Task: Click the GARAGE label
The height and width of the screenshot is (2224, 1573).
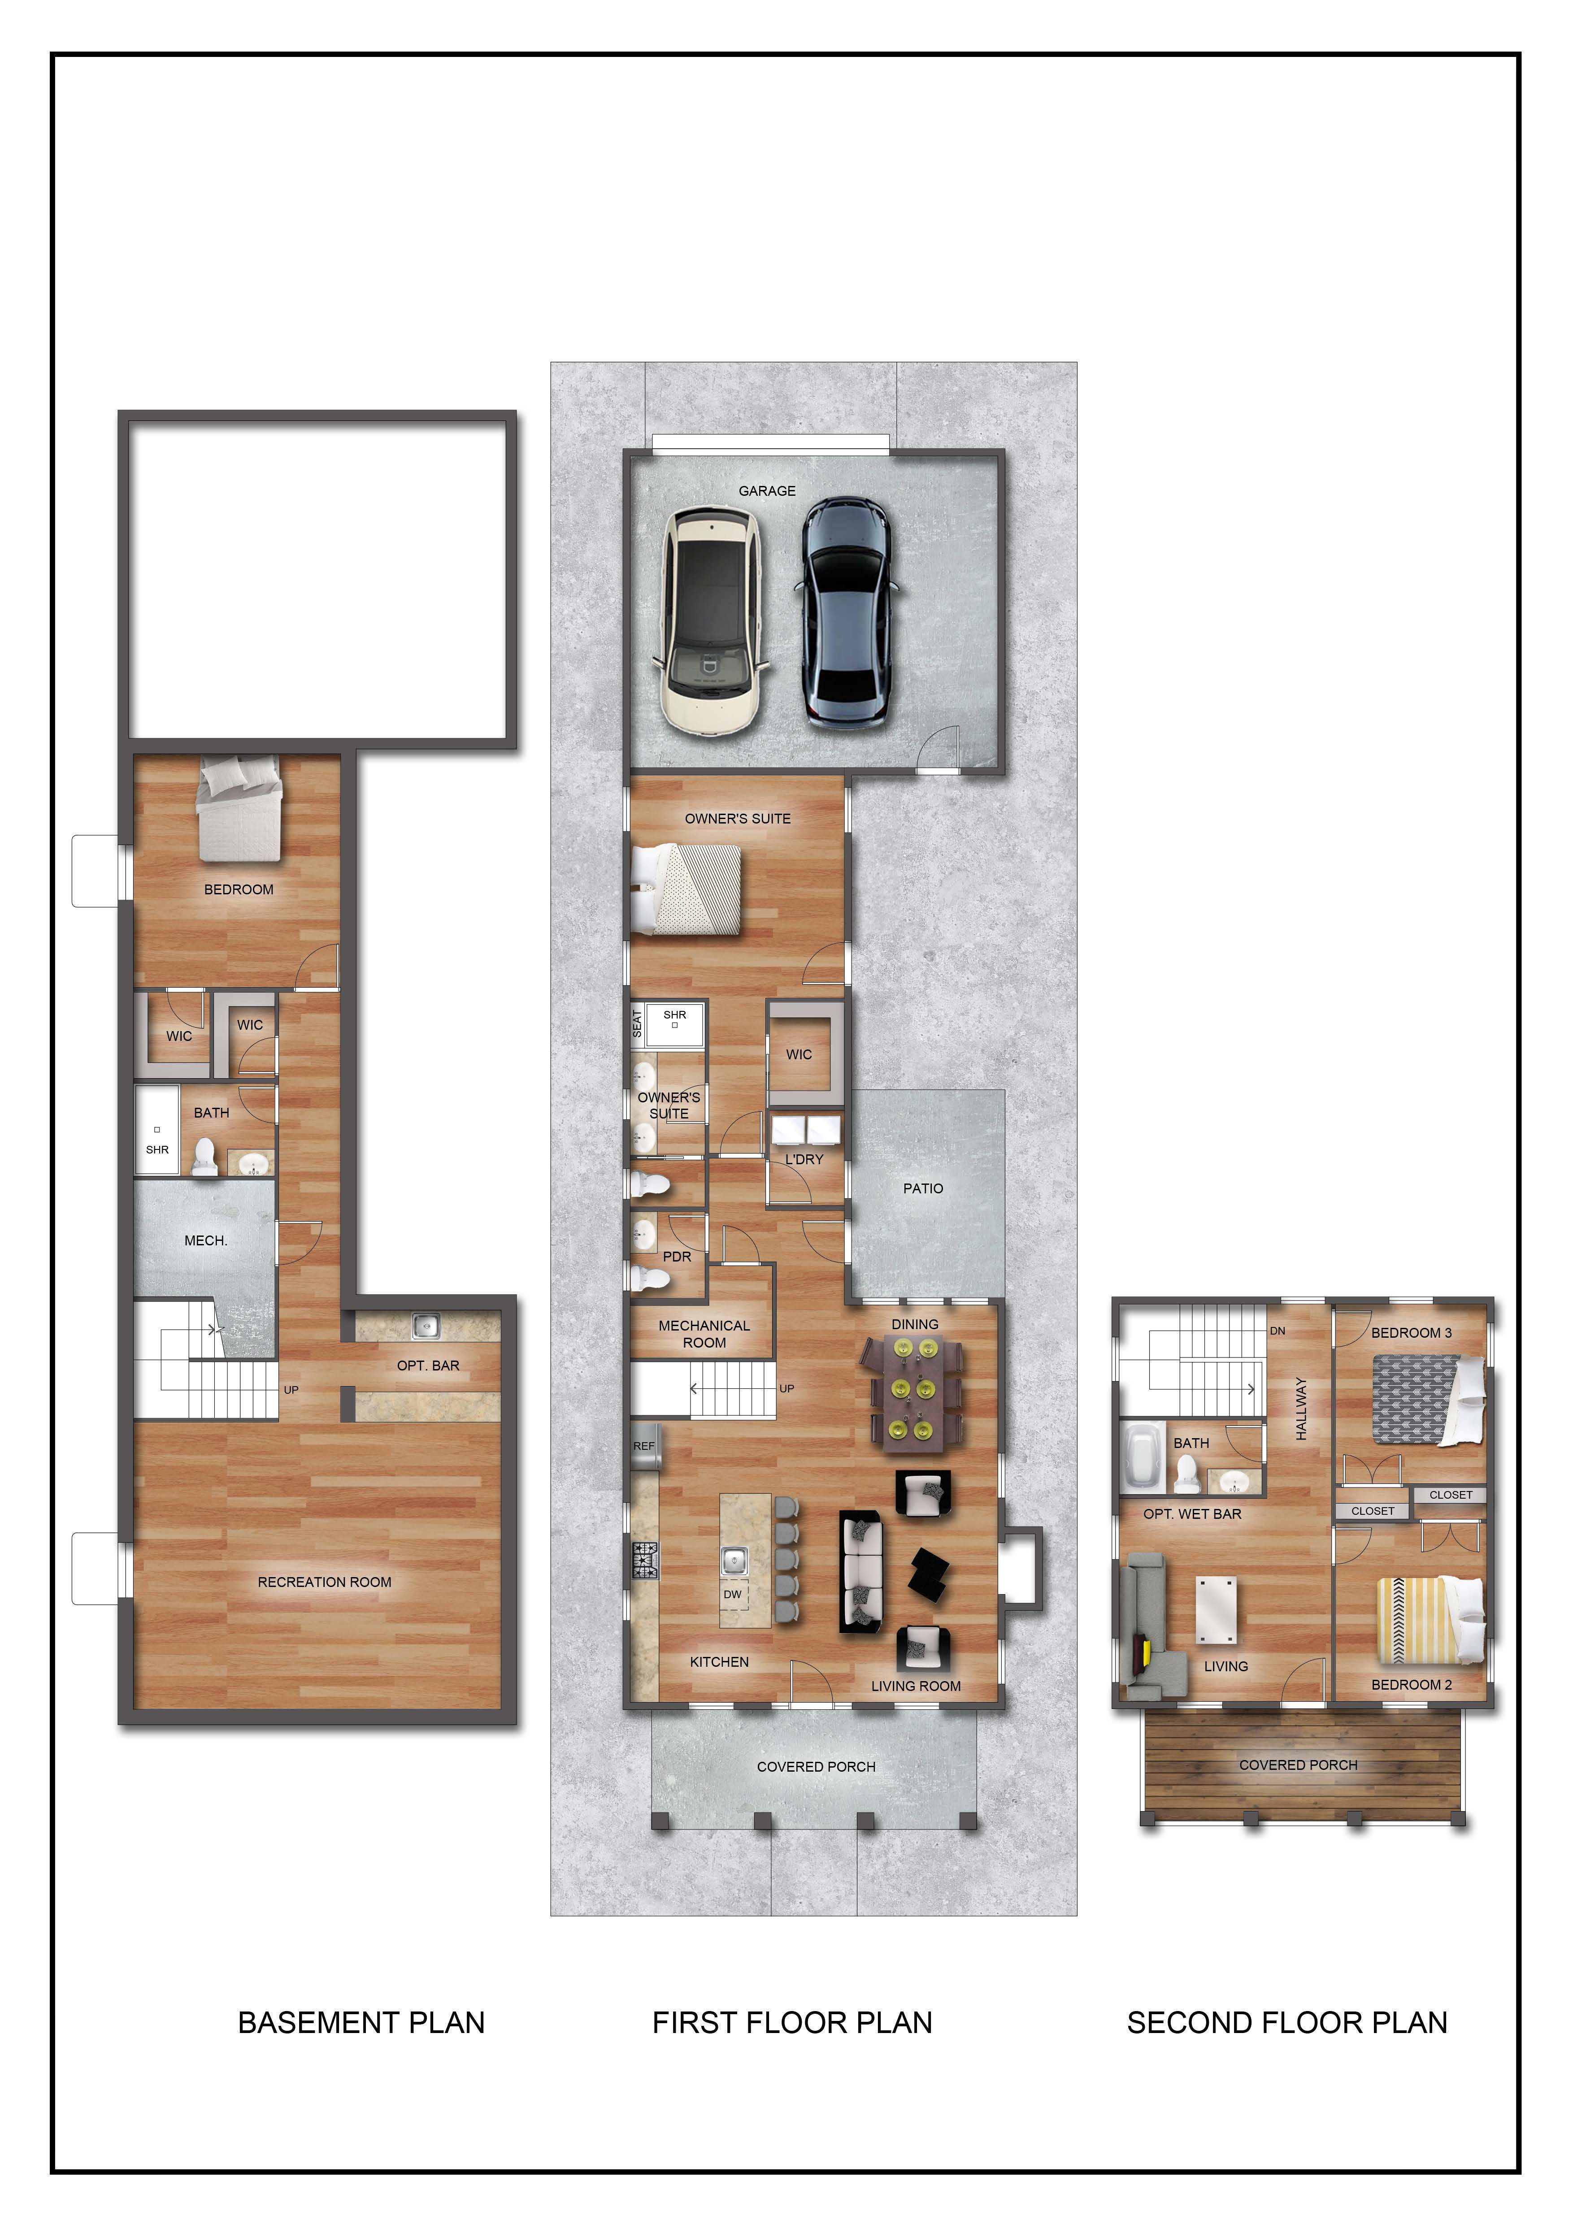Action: tap(767, 491)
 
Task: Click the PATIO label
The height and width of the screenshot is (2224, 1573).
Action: tap(922, 1188)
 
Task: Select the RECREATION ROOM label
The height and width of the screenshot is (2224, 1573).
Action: tap(325, 1582)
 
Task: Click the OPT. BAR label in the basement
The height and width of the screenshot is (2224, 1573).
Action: tap(428, 1366)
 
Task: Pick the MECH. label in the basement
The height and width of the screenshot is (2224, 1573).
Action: tap(205, 1241)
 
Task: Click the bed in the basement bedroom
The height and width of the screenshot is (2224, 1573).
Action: tap(239, 809)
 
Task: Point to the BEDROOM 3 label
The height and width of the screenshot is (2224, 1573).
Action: tap(1411, 1333)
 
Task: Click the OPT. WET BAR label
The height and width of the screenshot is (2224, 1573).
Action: tap(1192, 1514)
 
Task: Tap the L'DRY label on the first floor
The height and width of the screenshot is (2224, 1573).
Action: tap(804, 1159)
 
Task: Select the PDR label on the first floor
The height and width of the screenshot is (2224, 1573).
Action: tap(677, 1256)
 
